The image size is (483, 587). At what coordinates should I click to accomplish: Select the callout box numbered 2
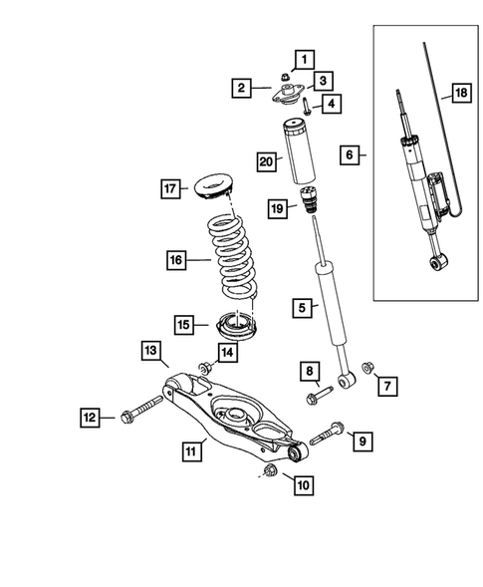point(242,89)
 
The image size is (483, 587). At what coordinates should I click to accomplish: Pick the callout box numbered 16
point(176,261)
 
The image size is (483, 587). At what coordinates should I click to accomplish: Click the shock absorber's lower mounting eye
point(346,380)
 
